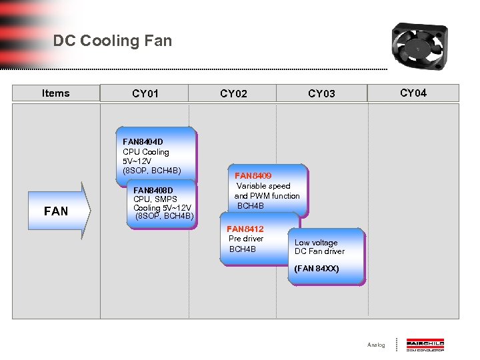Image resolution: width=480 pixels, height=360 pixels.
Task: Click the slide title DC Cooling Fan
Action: (113, 41)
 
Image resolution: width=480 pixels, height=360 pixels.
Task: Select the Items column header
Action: (55, 93)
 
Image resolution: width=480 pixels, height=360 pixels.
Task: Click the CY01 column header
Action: (145, 94)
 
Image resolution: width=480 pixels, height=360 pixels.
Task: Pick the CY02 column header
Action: (233, 94)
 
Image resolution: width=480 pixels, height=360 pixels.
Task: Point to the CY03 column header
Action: (321, 94)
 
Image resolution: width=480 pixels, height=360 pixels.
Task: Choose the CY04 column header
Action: (413, 93)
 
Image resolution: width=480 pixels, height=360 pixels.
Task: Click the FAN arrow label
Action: (56, 211)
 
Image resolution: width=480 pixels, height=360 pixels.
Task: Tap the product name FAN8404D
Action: (143, 141)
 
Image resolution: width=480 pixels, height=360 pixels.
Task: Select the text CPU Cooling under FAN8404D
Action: (146, 152)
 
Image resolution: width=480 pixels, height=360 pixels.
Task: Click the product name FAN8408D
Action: (153, 190)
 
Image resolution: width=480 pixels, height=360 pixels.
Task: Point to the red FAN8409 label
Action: (253, 175)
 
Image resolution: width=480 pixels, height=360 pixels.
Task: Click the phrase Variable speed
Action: (263, 186)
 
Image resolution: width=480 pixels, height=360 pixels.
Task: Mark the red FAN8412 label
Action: (245, 229)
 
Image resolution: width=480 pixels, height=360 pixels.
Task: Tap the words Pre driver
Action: (246, 239)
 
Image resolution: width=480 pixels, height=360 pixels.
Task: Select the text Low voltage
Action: (316, 243)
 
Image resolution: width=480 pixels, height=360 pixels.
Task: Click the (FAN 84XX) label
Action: (317, 269)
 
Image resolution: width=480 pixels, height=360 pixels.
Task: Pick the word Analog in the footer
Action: (376, 345)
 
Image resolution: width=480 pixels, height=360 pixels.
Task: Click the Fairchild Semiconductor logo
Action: (425, 345)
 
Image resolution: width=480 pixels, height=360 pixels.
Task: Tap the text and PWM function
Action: (267, 196)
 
